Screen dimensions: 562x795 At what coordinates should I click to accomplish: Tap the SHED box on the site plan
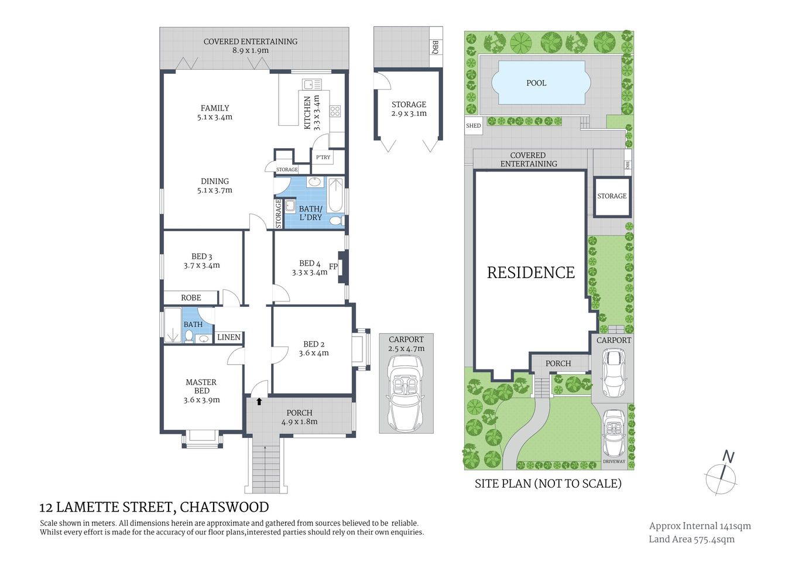[x=473, y=126]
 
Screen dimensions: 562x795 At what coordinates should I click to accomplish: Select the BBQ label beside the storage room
[x=435, y=47]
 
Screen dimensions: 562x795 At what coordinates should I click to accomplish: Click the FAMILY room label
[x=215, y=108]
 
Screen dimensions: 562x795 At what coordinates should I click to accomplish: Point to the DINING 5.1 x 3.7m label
[x=215, y=186]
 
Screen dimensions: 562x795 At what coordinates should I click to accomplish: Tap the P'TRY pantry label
[x=323, y=157]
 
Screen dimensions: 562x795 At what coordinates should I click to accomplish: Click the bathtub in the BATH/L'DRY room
[x=336, y=196]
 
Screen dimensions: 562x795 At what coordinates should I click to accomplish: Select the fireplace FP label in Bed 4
[x=333, y=267]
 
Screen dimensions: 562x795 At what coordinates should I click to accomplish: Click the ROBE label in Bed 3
[x=191, y=298]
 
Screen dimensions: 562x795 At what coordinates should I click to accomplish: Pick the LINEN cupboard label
[x=228, y=337]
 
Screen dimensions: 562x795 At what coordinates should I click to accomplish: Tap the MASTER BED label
[x=201, y=386]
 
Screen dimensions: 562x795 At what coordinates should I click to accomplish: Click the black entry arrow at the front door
[x=259, y=402]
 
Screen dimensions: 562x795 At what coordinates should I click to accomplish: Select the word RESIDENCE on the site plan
[x=530, y=273]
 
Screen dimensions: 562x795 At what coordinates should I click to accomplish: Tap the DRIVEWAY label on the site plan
[x=614, y=461]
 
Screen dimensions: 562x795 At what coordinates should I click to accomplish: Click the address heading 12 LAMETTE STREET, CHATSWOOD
[x=154, y=507]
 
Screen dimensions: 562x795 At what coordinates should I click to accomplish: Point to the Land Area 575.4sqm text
[x=691, y=539]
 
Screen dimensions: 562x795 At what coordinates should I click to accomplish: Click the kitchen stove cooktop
[x=335, y=111]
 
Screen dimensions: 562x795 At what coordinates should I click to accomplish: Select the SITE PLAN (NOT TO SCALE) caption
[x=547, y=484]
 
